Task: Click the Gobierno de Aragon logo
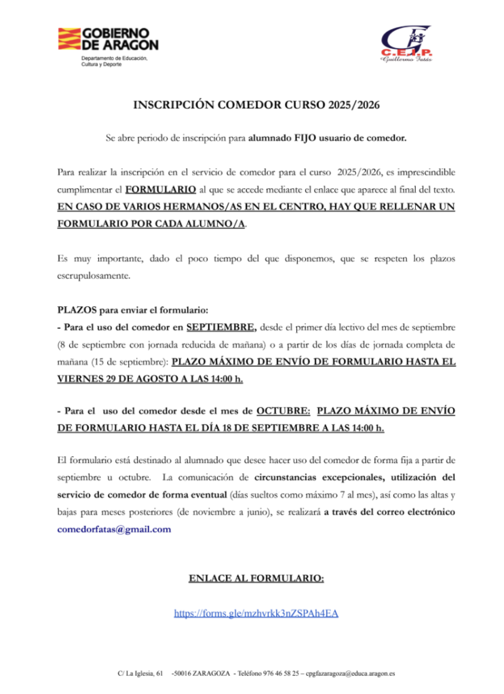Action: point(109,40)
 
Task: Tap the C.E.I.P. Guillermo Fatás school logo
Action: point(405,43)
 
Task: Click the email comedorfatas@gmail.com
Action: point(114,529)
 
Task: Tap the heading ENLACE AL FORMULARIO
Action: point(256,578)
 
